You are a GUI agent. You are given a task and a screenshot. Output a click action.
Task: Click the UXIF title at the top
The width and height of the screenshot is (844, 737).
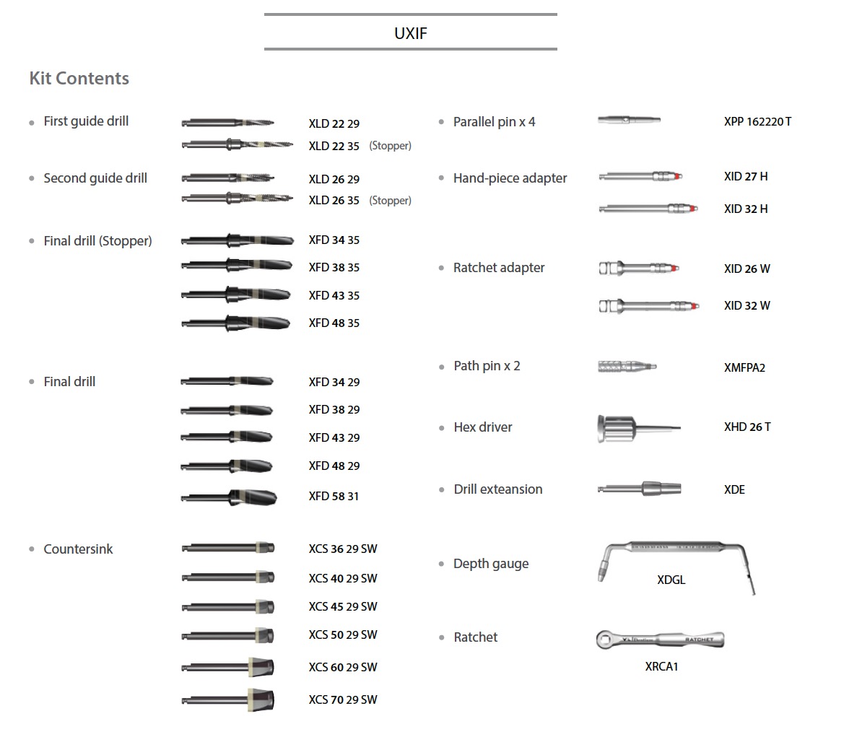411,33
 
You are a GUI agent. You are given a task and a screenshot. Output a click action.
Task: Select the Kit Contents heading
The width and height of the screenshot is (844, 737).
79,79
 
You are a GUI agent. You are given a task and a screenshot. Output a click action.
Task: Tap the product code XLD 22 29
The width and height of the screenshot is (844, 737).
334,124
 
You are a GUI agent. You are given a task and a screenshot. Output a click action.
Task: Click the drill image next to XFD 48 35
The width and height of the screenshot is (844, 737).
236,323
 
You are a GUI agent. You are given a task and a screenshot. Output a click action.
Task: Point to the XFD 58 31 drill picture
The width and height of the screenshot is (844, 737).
229,497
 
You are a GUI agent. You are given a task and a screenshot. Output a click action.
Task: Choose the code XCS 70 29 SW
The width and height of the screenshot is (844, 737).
343,700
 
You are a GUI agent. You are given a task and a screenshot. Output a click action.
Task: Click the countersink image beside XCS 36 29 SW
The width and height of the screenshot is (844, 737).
228,548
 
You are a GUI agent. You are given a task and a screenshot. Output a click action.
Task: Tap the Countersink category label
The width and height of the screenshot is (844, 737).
78,549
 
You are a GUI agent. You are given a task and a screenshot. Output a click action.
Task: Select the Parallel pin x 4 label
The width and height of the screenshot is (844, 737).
494,122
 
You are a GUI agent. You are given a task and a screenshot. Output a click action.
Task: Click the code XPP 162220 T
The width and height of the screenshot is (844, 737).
757,122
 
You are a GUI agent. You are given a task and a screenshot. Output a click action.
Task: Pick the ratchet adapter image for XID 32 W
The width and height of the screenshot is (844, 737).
648,306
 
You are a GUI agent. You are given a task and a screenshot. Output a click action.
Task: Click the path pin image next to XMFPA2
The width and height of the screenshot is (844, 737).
627,367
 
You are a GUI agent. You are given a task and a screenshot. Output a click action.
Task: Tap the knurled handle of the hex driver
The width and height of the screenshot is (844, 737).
617,429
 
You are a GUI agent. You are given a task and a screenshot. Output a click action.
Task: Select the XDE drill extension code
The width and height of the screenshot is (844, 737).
734,490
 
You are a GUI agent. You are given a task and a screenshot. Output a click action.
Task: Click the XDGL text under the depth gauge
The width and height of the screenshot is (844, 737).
671,580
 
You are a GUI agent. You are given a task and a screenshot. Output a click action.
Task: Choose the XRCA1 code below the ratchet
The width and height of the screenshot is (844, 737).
661,666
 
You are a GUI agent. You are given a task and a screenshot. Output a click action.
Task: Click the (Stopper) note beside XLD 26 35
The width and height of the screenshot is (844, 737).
391,201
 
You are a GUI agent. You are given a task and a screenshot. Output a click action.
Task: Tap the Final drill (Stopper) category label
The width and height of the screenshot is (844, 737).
97,241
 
